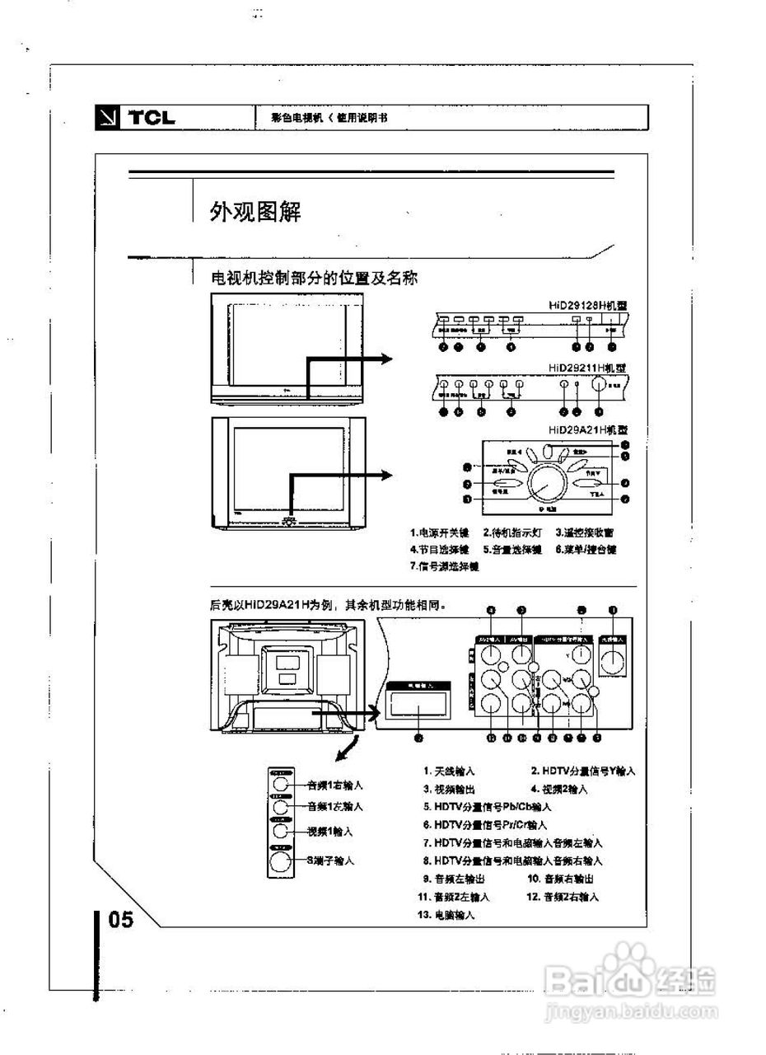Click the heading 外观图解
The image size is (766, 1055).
pos(255,213)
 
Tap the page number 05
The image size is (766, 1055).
pos(120,919)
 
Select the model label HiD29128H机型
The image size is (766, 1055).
pos(588,305)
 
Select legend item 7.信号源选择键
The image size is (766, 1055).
pos(445,566)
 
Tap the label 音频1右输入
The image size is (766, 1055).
pos(334,785)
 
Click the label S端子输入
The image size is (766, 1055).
pos(330,860)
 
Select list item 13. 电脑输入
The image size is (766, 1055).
pos(449,915)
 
